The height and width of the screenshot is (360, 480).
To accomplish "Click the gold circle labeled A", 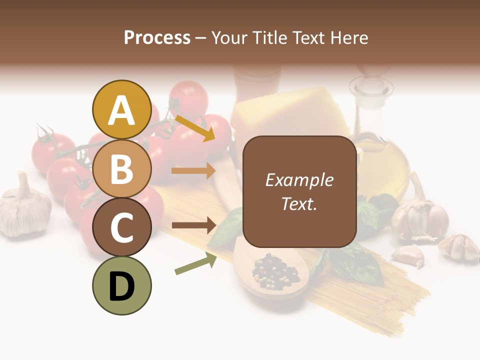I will (x=121, y=109).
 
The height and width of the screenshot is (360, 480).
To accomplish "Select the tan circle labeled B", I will (x=121, y=168).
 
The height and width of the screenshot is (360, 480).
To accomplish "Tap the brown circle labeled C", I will (x=121, y=227).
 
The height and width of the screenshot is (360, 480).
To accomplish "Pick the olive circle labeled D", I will (x=121, y=286).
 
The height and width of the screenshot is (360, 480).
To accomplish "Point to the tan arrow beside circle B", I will (x=193, y=171).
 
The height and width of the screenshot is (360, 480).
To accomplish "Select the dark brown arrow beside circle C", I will (x=193, y=225).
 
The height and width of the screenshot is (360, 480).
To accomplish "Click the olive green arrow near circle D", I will (x=195, y=264).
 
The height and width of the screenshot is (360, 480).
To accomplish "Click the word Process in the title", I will (x=157, y=37).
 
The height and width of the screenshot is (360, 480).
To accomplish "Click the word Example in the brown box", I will (x=299, y=180).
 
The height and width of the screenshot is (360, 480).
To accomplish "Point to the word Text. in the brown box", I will (x=299, y=203).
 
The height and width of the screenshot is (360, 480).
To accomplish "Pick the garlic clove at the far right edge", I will (x=459, y=247).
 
